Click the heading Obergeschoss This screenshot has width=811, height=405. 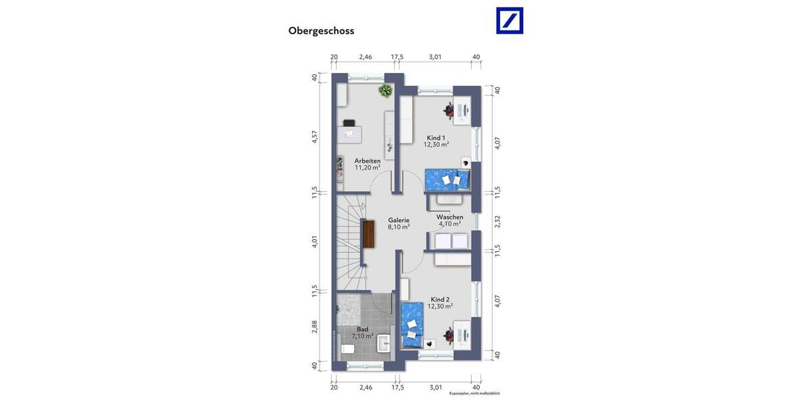tap(321, 30)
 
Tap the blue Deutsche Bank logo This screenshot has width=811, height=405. tap(510, 20)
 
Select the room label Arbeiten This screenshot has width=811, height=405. tap(368, 161)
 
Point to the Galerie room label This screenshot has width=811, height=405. tap(399, 220)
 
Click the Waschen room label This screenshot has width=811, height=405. tap(449, 217)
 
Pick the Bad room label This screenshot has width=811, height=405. tap(363, 329)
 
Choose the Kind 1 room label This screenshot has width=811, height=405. tap(436, 138)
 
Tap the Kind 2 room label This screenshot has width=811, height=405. tap(440, 299)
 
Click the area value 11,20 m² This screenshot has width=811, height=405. tap(368, 167)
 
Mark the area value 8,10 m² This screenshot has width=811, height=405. tap(399, 227)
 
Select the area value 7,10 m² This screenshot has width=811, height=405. tap(363, 335)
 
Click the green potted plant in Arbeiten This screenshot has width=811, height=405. tap(386, 91)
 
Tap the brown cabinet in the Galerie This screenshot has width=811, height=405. tap(369, 234)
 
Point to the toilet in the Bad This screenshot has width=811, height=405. tap(347, 349)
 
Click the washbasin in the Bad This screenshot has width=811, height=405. tap(385, 342)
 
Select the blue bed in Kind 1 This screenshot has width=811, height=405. tap(447, 180)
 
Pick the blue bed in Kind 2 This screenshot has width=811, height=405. tap(412, 324)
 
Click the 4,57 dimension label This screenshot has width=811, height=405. tap(314, 136)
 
